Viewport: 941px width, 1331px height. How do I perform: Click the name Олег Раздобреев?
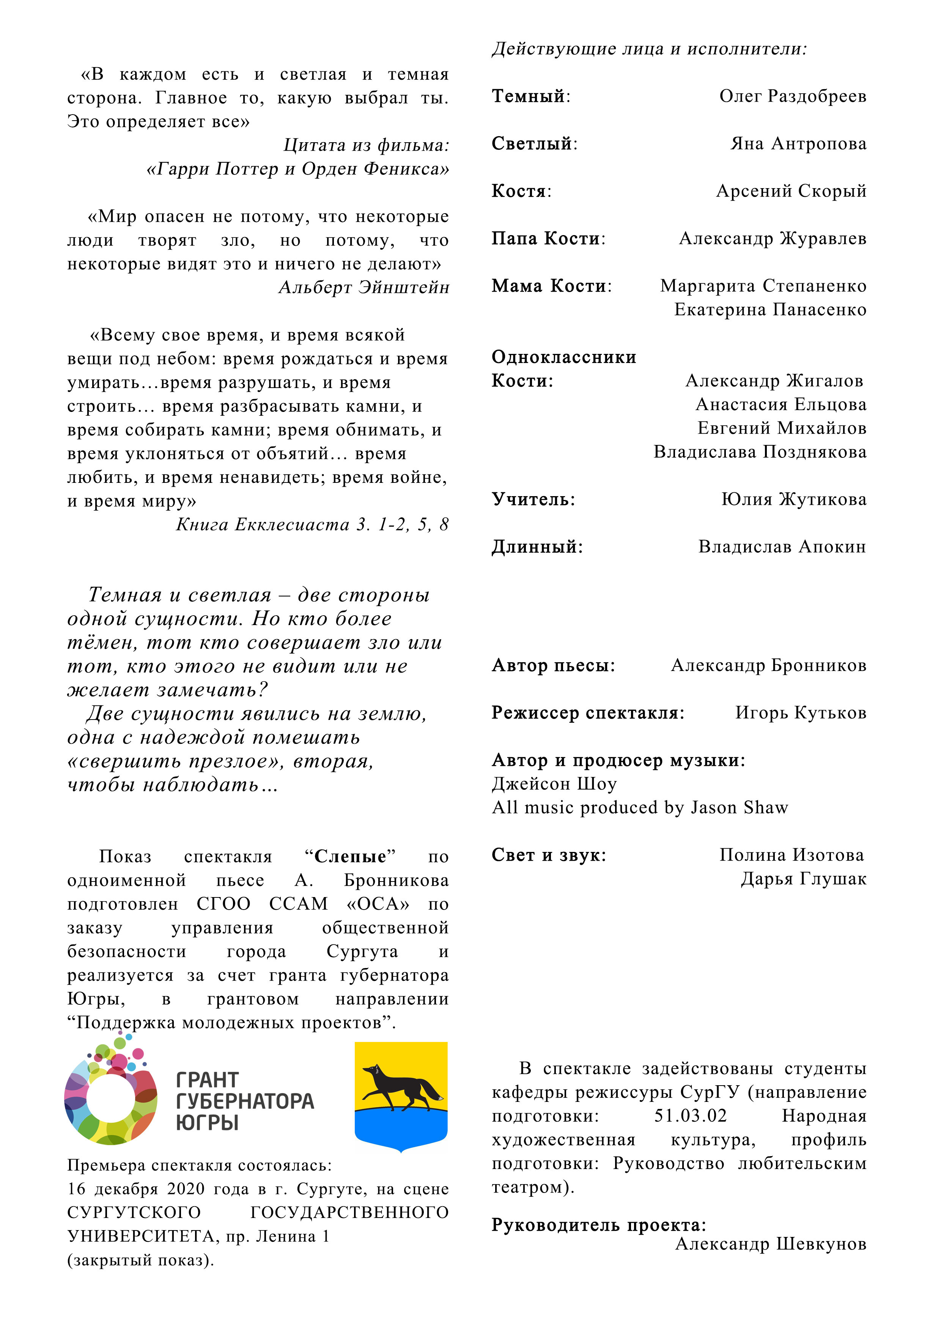(793, 96)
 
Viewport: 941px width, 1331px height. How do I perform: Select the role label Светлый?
(532, 144)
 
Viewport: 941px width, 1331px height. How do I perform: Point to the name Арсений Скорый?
(791, 191)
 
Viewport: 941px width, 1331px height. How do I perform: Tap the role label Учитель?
(532, 499)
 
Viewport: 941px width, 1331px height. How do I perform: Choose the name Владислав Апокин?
(782, 547)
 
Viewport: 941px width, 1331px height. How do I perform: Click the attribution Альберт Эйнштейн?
(363, 287)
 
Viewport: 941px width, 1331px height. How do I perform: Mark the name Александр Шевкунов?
(771, 1245)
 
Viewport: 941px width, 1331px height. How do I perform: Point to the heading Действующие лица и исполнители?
(649, 49)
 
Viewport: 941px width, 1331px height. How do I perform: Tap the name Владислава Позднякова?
(760, 452)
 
